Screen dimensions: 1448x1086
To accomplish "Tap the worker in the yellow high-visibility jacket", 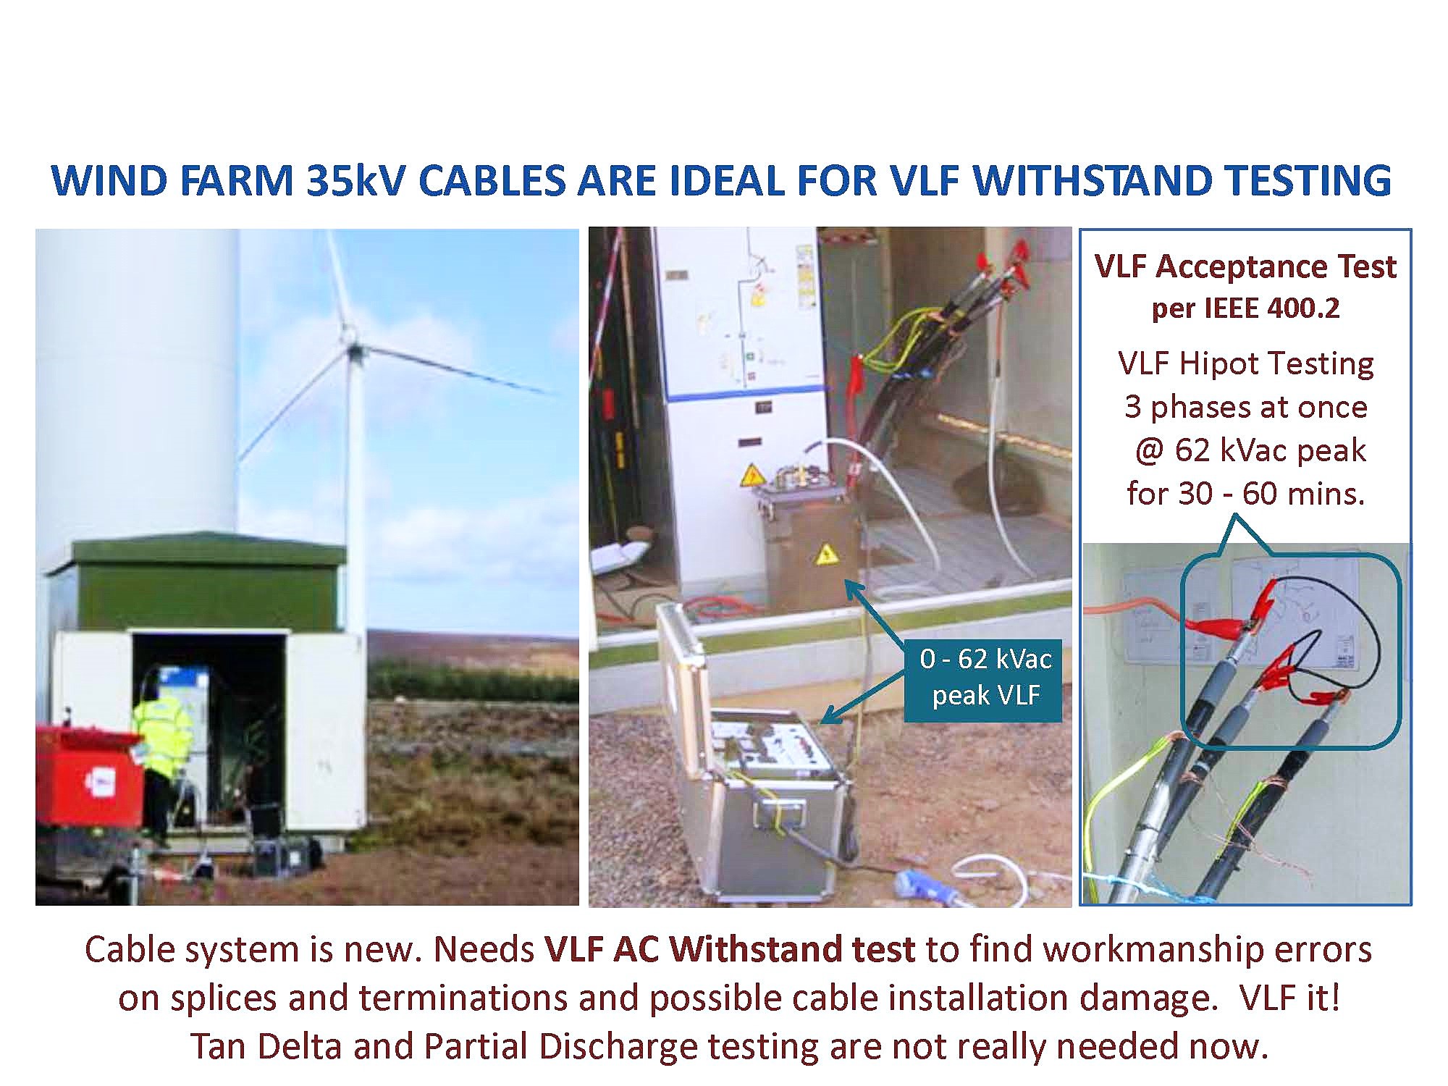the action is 164,760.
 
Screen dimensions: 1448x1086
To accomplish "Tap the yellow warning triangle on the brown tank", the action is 825,555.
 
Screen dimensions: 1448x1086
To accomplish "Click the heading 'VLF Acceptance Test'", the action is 1245,266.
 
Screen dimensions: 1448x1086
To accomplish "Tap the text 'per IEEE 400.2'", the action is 1245,308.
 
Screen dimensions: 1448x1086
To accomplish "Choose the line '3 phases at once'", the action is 1245,407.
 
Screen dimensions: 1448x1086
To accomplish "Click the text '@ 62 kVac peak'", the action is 1250,450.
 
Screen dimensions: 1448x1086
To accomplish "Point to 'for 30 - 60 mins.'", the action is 1245,494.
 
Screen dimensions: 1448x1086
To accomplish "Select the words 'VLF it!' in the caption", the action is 1289,998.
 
